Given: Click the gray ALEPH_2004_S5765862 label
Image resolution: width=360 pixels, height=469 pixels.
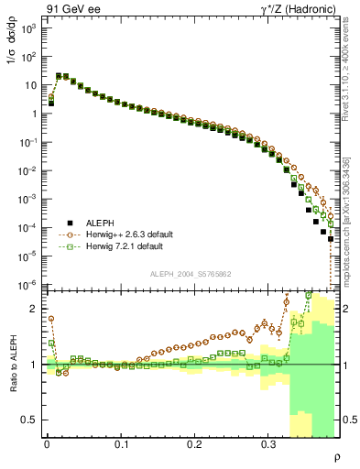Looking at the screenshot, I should pos(191,274).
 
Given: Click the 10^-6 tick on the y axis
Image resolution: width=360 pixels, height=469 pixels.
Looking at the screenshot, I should pos(28,284).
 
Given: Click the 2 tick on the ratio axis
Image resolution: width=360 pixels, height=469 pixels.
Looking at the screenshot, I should pos(35,310).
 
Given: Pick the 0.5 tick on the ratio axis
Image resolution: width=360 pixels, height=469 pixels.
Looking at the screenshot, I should pos(31,420).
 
